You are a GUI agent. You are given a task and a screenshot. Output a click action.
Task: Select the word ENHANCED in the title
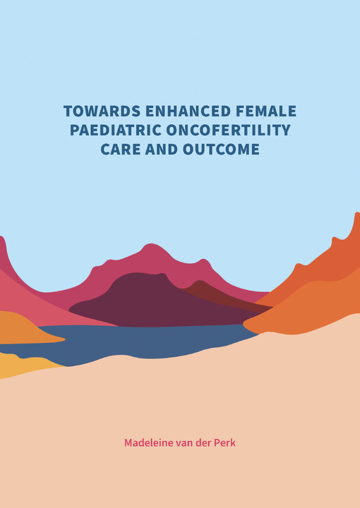tap(188, 111)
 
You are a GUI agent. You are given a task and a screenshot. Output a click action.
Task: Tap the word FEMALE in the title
tap(265, 111)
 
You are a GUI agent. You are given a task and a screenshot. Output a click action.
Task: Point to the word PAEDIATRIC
tap(116, 131)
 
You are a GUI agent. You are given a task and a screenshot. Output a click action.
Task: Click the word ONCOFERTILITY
tap(229, 131)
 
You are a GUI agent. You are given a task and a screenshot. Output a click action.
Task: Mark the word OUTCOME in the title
tap(222, 150)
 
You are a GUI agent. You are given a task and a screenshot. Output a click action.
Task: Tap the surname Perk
tap(225, 442)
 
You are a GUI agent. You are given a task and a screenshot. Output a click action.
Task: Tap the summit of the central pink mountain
tap(150, 245)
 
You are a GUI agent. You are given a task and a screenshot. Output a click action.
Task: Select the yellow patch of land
tap(20, 365)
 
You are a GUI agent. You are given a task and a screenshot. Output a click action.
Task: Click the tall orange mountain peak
tap(356, 214)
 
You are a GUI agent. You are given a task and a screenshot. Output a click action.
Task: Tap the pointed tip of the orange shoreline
tap(244, 322)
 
